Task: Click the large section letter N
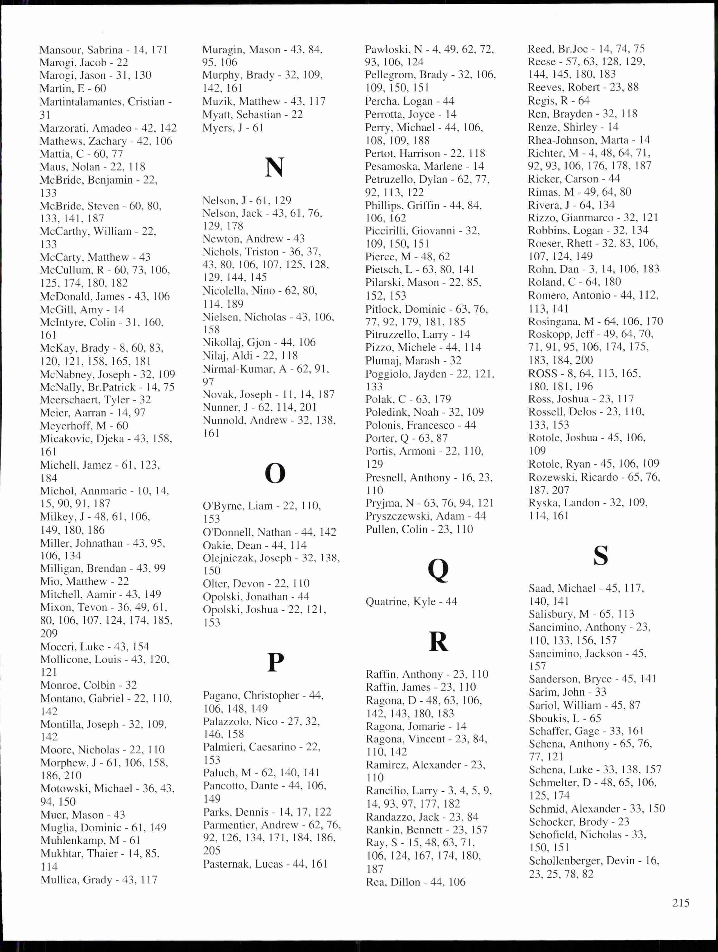pyautogui.click(x=275, y=167)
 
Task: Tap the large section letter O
pyautogui.click(x=275, y=473)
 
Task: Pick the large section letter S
pyautogui.click(x=601, y=556)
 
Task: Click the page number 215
pyautogui.click(x=681, y=902)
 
